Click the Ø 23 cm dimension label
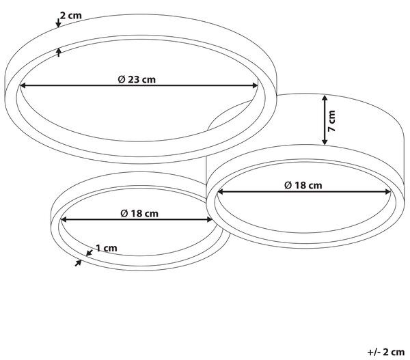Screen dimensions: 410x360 137,79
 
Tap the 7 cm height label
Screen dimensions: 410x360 331,121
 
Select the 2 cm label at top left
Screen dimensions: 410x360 70,16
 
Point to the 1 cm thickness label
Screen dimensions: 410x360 107,248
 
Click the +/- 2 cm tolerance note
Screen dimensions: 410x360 386,352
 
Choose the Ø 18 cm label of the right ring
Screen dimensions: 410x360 303,185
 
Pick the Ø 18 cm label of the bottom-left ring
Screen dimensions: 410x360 139,214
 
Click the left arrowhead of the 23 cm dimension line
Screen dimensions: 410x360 23,85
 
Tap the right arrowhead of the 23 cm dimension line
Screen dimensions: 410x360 255,85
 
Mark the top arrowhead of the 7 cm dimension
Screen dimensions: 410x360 325,98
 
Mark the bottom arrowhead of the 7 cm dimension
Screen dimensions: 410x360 325,141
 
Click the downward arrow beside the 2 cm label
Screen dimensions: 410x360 58,23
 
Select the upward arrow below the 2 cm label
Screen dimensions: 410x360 59,52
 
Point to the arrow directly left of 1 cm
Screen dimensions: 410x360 90,252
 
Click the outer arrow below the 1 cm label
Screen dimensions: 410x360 78,263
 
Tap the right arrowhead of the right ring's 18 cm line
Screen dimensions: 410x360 387,192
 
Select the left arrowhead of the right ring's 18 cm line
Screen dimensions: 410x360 221,192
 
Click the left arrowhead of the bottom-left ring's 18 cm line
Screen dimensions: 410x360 64,220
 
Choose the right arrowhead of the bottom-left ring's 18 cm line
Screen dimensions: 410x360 209,220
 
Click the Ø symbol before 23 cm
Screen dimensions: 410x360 122,79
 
